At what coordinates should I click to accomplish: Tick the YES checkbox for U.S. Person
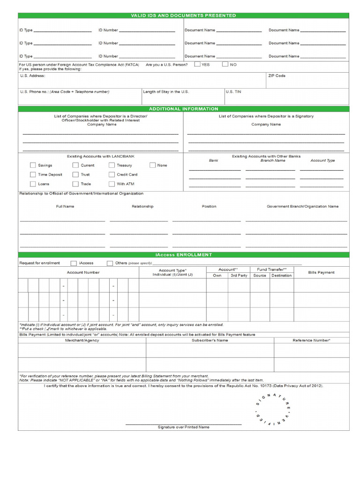197,64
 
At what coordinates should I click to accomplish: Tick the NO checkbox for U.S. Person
225,64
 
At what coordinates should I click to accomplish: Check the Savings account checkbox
33,165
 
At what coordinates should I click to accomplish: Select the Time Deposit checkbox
33,174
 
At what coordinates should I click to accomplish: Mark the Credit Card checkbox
112,174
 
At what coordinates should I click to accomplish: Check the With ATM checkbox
112,184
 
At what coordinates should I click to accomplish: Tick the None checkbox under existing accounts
153,165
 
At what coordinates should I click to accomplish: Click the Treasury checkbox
112,165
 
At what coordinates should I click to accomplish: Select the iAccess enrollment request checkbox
74,263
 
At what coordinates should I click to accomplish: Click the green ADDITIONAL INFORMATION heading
183,109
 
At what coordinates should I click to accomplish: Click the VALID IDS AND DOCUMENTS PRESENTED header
183,15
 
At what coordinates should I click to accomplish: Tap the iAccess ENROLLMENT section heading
183,255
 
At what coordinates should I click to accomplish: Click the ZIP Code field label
277,75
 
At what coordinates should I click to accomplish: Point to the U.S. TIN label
233,92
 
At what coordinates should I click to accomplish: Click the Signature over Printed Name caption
183,427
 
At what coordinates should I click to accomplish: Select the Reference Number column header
311,340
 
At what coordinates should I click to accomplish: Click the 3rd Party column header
239,275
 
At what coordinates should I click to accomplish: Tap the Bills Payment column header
321,272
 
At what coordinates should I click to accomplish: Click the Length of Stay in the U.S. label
166,92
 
